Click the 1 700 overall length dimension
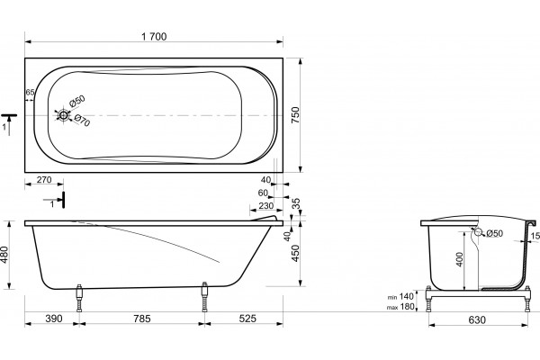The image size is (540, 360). click(x=154, y=37)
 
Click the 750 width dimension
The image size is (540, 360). click(x=295, y=115)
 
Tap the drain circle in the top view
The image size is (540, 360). click(x=63, y=115)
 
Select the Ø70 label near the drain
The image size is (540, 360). click(x=82, y=121)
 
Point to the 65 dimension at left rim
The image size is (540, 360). click(x=30, y=93)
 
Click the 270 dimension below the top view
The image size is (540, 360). click(x=44, y=179)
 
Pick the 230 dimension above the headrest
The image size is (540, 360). click(x=265, y=206)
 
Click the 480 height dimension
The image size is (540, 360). click(x=4, y=255)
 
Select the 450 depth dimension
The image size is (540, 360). click(x=295, y=253)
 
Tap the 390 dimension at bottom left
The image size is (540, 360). click(x=54, y=319)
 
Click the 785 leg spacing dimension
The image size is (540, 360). click(x=142, y=319)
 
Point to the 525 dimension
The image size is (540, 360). click(x=247, y=319)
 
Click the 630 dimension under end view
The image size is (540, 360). click(x=477, y=320)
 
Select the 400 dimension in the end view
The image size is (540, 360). click(x=459, y=259)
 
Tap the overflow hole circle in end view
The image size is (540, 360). click(x=478, y=232)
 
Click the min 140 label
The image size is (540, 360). click(x=400, y=297)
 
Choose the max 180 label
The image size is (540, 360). click(x=400, y=307)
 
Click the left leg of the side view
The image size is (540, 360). click(x=79, y=298)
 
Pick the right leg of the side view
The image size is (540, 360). click(x=205, y=297)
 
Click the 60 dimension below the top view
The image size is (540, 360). click(x=263, y=193)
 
